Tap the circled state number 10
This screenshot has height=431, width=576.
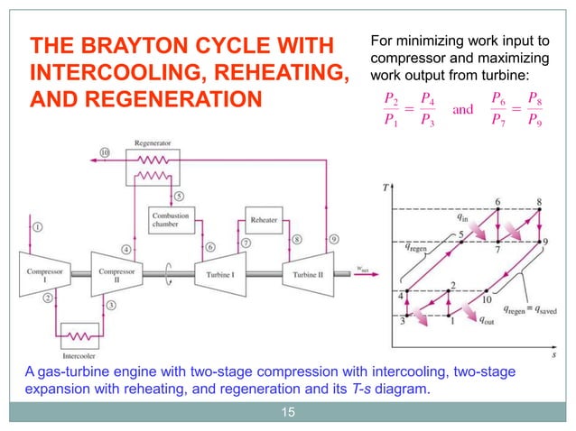click(x=105, y=154)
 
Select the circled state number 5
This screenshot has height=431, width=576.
click(x=179, y=195)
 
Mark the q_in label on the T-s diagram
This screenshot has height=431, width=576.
click(x=462, y=216)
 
